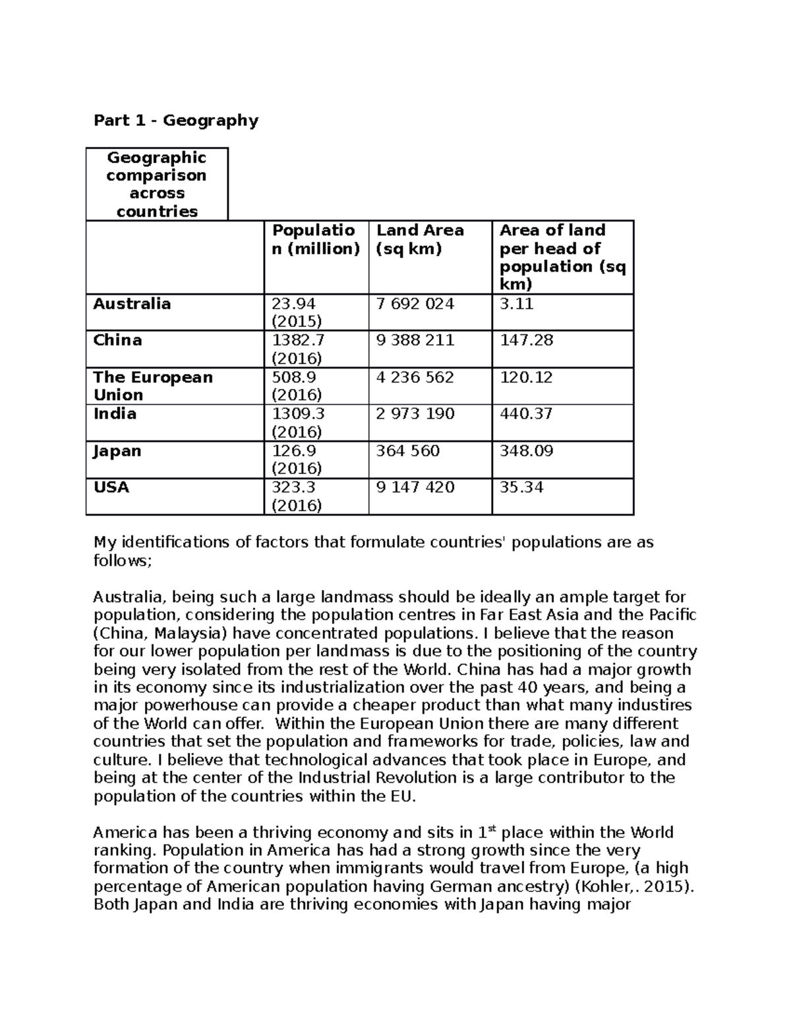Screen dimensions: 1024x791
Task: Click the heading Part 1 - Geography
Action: [x=176, y=120]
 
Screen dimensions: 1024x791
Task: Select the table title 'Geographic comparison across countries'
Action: [x=157, y=184]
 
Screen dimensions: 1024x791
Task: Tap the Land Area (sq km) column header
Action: [x=420, y=239]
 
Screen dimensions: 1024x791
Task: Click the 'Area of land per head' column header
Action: [x=562, y=257]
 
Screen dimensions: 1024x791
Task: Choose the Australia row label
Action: [x=132, y=304]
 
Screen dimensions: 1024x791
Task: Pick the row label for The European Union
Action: [x=153, y=386]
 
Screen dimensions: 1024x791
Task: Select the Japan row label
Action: [x=117, y=451]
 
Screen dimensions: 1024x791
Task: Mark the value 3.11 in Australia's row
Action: [x=516, y=304]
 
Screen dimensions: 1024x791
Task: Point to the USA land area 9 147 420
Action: [x=415, y=487]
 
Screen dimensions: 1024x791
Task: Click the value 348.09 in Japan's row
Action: [x=526, y=451]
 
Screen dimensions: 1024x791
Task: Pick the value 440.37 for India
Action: [x=526, y=414]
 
